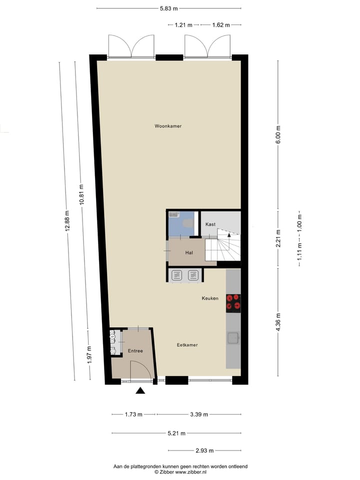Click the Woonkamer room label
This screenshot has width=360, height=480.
(168, 126)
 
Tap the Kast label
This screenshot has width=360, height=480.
(210, 224)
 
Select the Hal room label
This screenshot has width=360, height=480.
(189, 252)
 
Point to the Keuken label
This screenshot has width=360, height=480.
(210, 298)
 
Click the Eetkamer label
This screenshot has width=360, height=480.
(187, 345)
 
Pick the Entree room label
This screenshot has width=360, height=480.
(135, 351)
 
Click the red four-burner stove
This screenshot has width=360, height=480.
(233, 301)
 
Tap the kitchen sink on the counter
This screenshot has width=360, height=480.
(233, 338)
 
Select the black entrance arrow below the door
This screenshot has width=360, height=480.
(141, 391)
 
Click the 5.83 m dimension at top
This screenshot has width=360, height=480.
(169, 8)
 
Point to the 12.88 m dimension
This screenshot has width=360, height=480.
(66, 220)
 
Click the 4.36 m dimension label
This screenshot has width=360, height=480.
(278, 322)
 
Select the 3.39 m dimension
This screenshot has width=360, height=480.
(198, 414)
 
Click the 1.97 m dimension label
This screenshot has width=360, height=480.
(89, 355)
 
